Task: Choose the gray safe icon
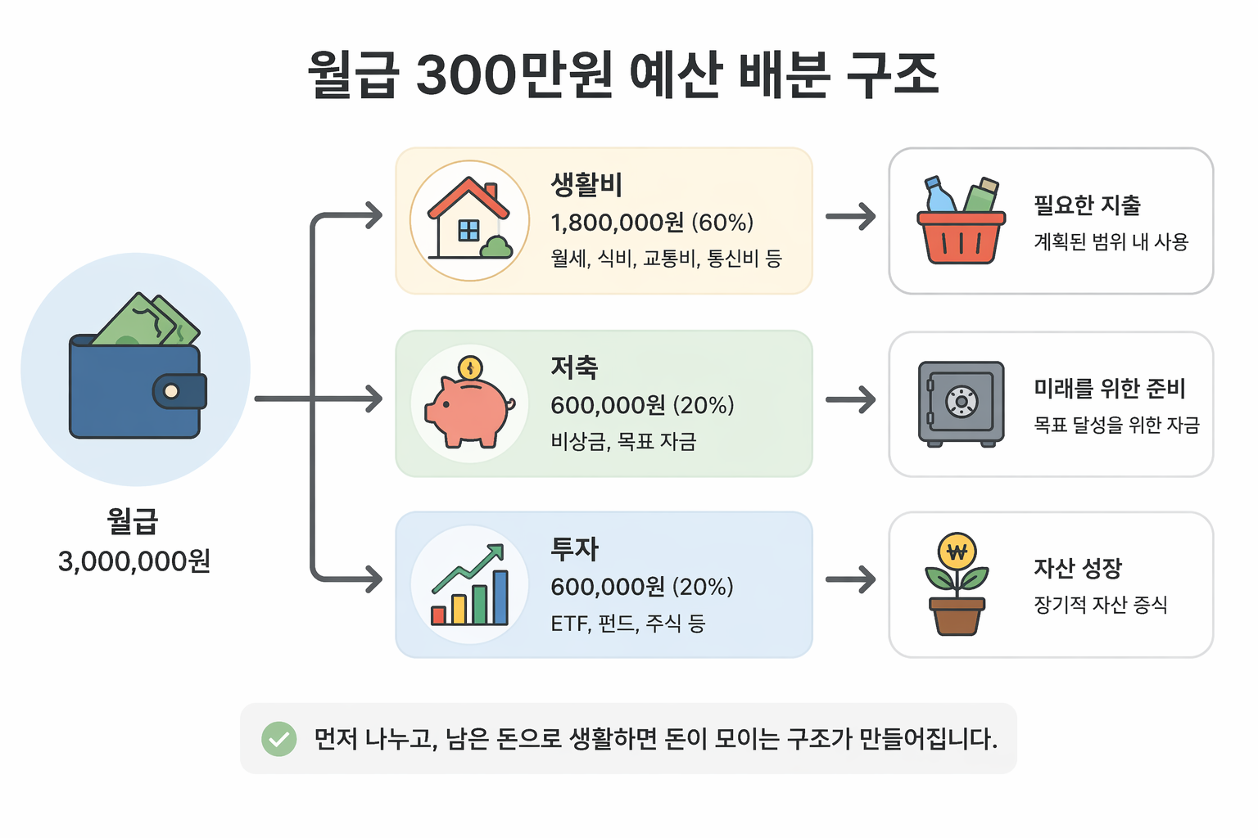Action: click(961, 403)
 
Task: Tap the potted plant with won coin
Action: click(957, 584)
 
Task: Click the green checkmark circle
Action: click(279, 739)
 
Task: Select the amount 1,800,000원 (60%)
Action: click(652, 223)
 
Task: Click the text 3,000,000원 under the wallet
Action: click(134, 561)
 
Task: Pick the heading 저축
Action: click(574, 367)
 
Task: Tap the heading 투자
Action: click(574, 548)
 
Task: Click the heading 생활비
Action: click(586, 184)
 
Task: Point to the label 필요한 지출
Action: click(1087, 205)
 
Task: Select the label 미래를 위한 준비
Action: click(1109, 388)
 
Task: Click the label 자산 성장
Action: click(1077, 568)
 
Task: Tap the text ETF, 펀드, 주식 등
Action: click(627, 624)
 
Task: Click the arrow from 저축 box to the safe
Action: click(850, 400)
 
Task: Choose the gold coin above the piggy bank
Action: click(470, 367)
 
